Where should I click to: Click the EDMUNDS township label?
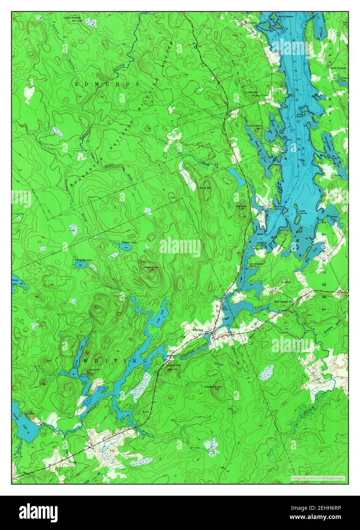click(x=101, y=84)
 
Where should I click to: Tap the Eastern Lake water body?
click(x=125, y=247)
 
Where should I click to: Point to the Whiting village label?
click(x=198, y=329)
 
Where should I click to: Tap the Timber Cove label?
click(x=333, y=218)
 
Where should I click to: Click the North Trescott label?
click(x=338, y=68)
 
